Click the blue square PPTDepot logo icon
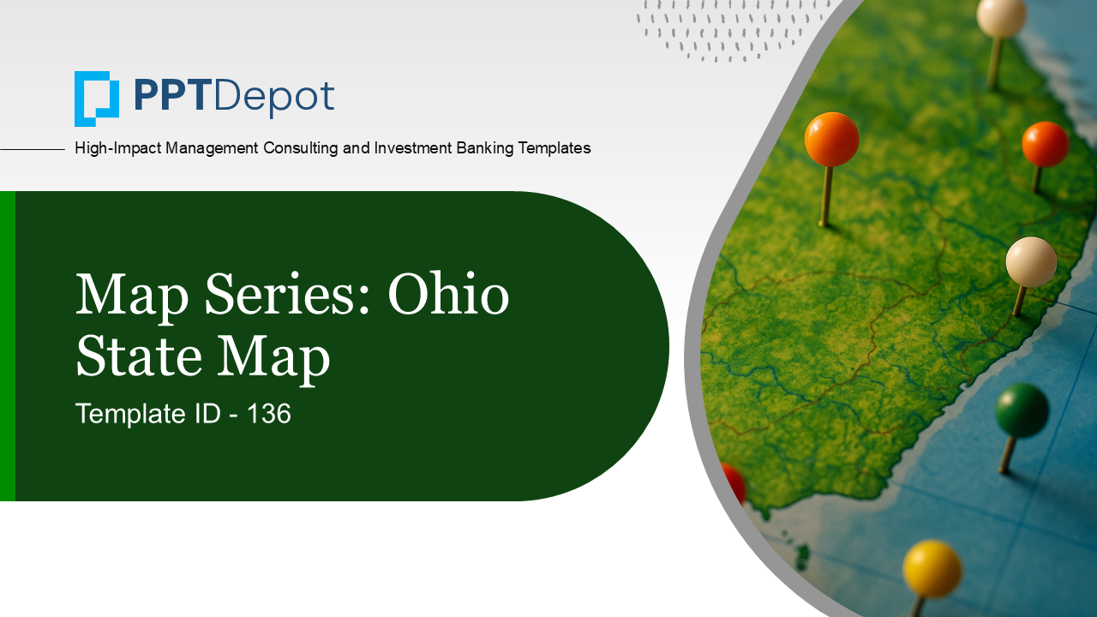click(x=96, y=99)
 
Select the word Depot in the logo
click(x=274, y=97)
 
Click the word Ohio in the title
click(x=448, y=296)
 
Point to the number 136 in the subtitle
click(x=269, y=415)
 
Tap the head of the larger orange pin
click(x=831, y=139)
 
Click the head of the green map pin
click(x=1022, y=409)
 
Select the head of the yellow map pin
click(x=932, y=567)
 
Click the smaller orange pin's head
click(x=1045, y=144)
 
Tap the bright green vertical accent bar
click(x=7, y=345)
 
